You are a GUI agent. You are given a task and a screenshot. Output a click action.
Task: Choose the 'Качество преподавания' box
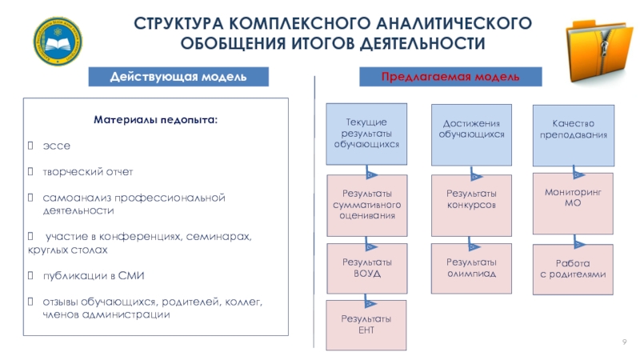click(572, 130)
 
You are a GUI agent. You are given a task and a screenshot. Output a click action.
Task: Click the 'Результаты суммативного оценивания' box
click(366, 205)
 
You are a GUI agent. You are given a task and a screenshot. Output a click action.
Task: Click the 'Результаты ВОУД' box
click(366, 268)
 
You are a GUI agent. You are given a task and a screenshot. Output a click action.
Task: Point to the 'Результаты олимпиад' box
click(471, 268)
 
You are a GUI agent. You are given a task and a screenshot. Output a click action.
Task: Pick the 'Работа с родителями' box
click(572, 269)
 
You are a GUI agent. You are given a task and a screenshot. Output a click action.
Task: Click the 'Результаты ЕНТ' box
click(366, 324)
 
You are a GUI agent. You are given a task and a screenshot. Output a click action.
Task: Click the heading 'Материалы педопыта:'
click(155, 120)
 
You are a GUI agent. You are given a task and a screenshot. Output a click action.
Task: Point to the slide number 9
click(622, 343)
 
